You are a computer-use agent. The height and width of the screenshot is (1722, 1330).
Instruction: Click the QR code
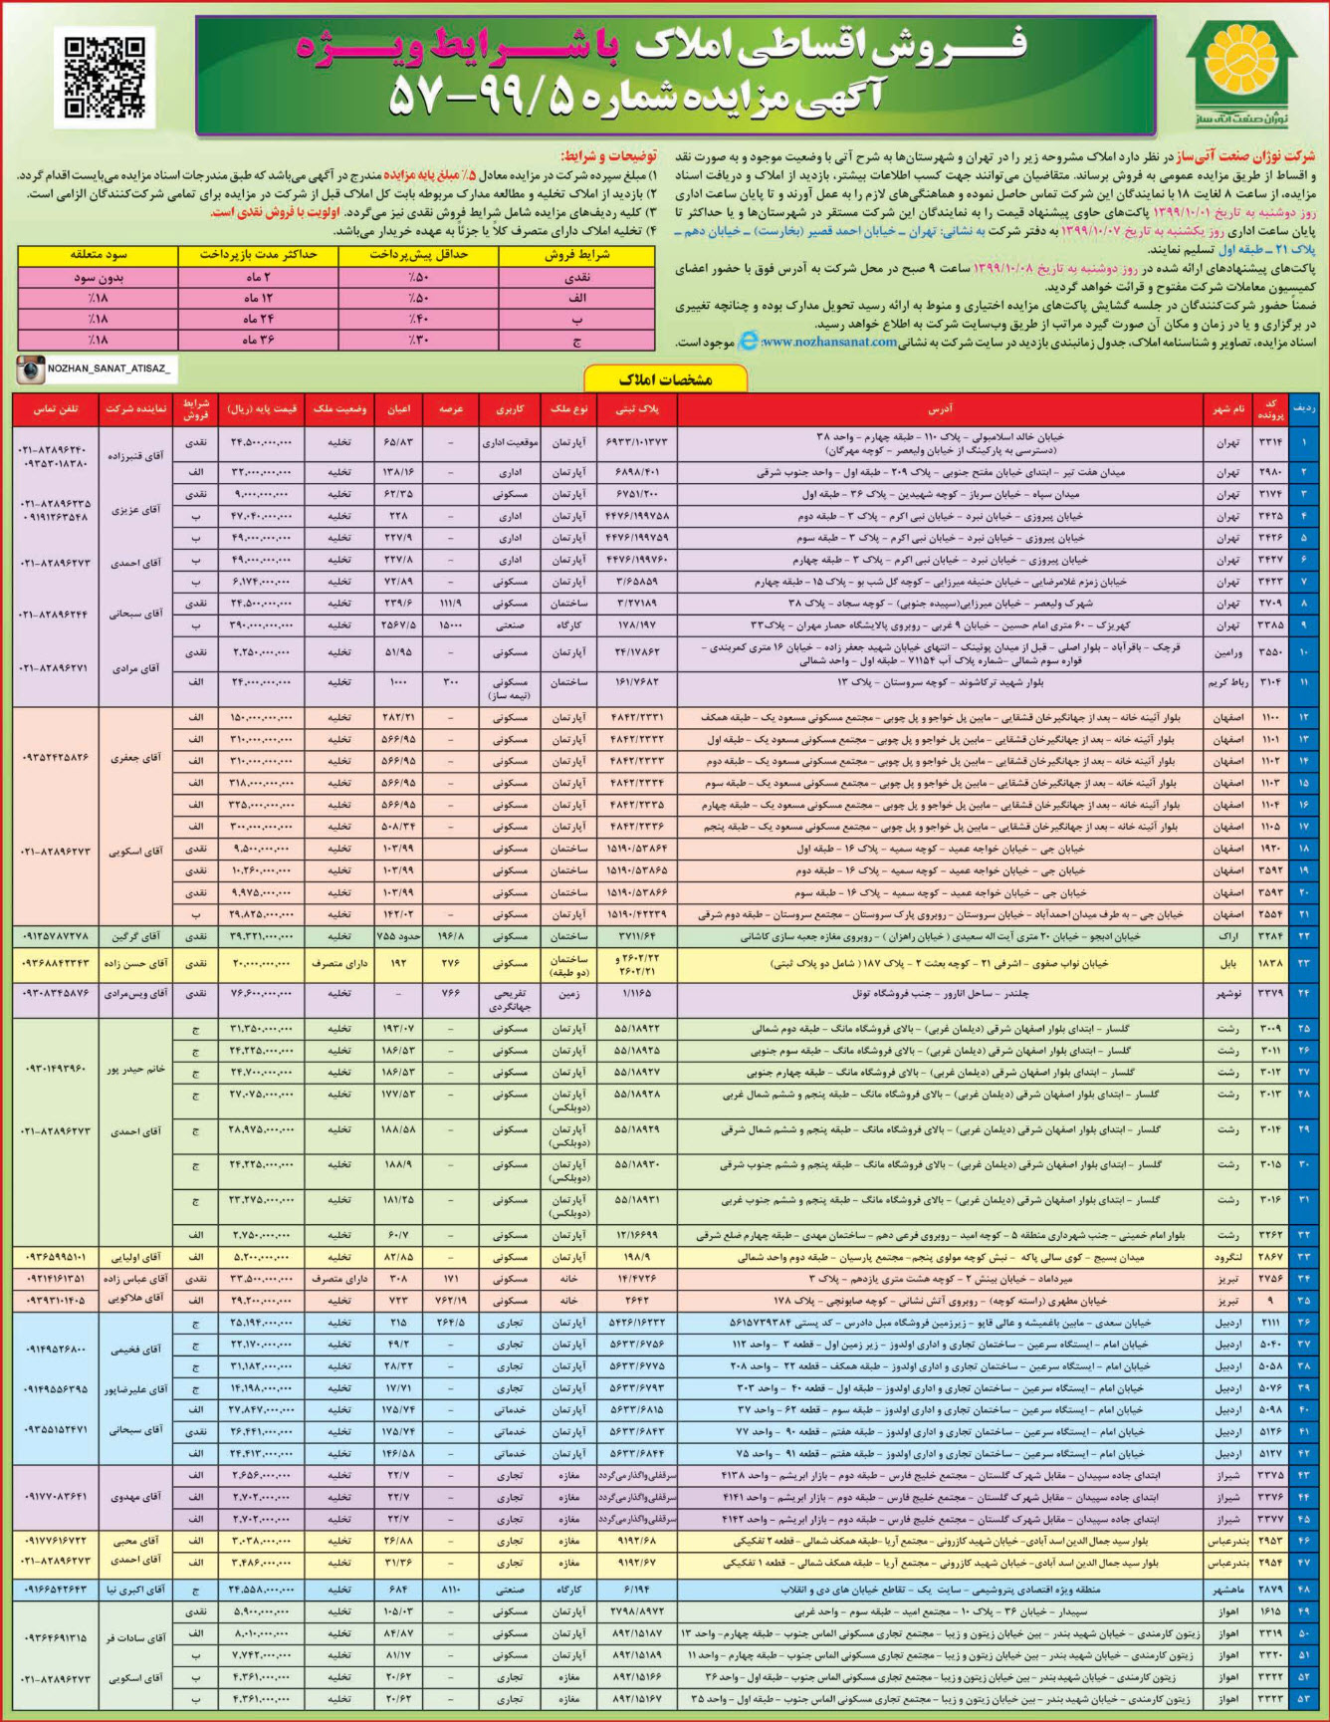point(105,79)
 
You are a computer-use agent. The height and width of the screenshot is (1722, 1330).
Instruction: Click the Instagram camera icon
point(30,369)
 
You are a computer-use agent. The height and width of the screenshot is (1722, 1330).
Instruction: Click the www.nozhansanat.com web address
point(828,342)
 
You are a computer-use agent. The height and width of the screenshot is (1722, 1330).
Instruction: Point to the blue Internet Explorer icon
point(748,342)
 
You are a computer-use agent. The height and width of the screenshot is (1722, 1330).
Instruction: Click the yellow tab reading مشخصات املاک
point(665,379)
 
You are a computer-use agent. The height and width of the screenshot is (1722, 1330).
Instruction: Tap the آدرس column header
point(940,409)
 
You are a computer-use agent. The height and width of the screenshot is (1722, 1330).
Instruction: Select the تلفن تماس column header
point(56,409)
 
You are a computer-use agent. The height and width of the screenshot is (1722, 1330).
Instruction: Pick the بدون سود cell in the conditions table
point(98,278)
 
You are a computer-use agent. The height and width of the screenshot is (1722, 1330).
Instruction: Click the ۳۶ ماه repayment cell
point(258,340)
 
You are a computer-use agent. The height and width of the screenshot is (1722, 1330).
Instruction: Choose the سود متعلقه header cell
point(98,255)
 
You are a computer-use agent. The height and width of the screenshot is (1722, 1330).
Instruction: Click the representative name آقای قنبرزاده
point(136,455)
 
